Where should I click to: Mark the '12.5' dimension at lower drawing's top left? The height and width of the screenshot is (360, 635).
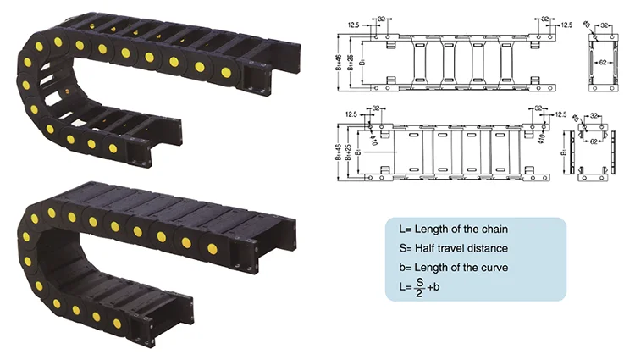pyautogui.click(x=351, y=113)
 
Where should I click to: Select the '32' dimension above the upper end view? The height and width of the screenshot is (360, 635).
pyautogui.click(x=603, y=26)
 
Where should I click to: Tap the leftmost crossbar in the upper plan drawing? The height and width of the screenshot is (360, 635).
pyautogui.click(x=421, y=61)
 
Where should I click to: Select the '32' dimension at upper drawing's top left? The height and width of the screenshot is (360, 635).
pyautogui.click(x=383, y=18)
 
